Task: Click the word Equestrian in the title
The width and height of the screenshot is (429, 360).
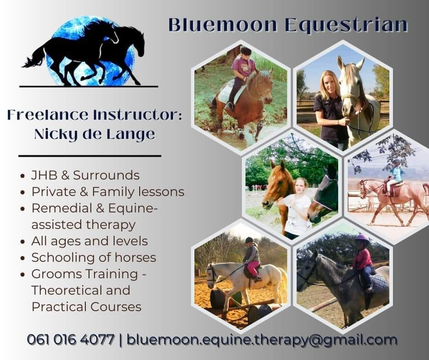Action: click(346, 26)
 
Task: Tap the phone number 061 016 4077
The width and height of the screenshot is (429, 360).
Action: click(71, 340)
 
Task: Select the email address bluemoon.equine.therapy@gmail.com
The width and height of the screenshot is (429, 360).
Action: click(262, 340)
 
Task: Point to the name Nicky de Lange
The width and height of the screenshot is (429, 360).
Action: click(94, 134)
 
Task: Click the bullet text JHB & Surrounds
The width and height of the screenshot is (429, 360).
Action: click(85, 175)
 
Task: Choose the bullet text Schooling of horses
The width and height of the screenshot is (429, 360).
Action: click(94, 257)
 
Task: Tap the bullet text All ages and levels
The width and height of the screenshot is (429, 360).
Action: click(89, 241)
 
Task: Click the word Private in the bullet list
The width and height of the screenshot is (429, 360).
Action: click(54, 191)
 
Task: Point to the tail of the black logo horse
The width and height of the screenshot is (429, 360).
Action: click(33, 58)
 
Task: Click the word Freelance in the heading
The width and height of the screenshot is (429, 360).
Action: click(48, 115)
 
